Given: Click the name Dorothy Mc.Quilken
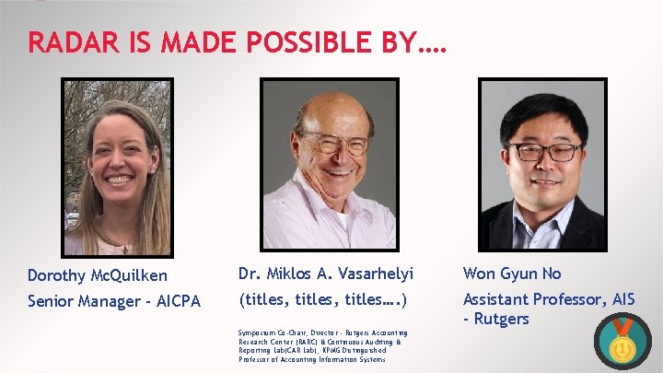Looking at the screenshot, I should pos(98,275).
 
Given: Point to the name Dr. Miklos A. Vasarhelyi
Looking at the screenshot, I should pos(326,274).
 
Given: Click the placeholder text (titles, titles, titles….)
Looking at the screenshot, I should pos(322,299).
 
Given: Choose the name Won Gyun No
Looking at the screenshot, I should pos(511,274).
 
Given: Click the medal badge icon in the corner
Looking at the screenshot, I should pos(622,344).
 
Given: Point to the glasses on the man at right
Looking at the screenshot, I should pos(545,151).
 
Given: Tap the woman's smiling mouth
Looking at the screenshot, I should pos(117,178).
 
